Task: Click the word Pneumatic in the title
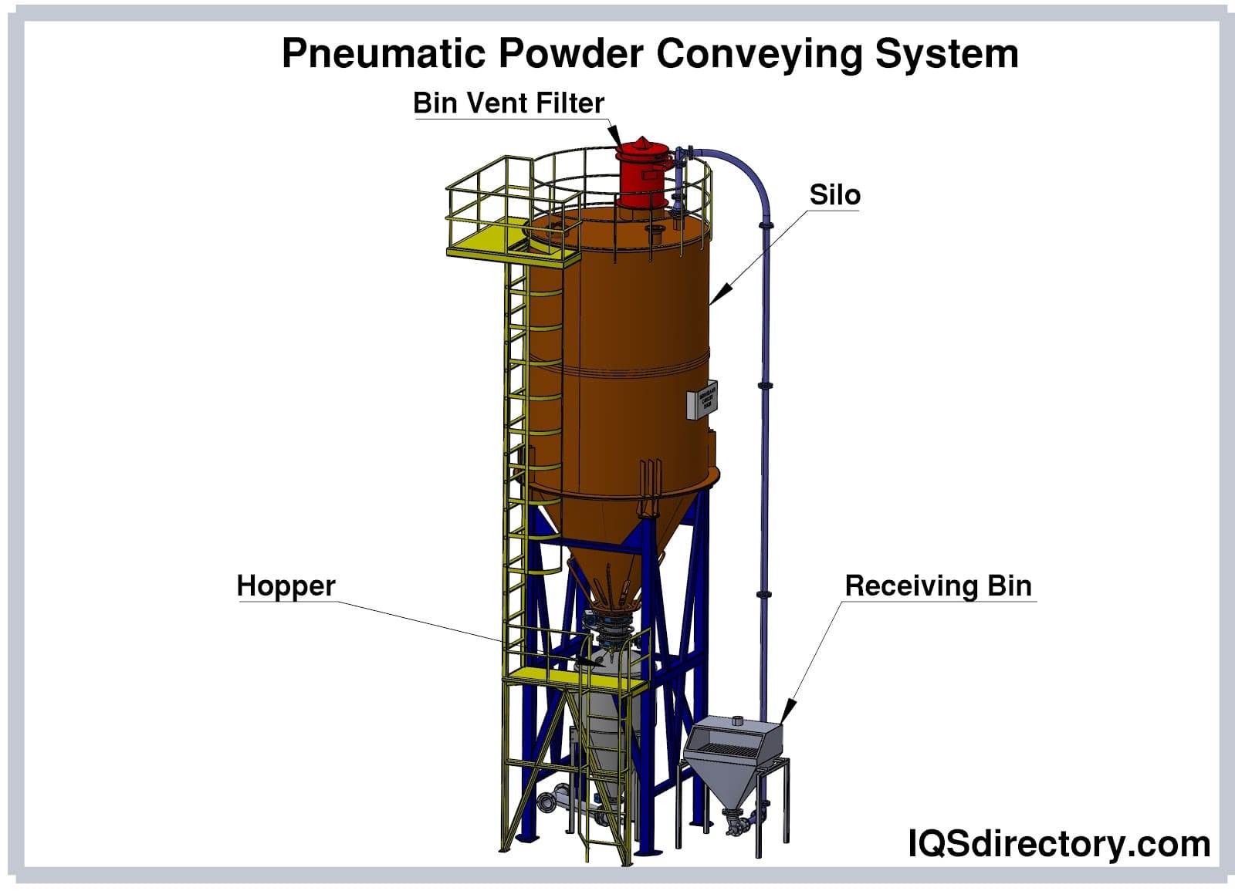pos(384,54)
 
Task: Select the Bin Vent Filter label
pos(508,103)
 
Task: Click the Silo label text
pos(834,195)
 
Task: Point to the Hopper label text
pos(286,586)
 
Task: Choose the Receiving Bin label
pos(938,586)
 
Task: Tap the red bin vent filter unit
pos(641,174)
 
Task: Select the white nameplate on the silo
pos(702,401)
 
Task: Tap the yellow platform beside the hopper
pos(540,676)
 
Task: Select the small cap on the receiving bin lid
pos(737,722)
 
